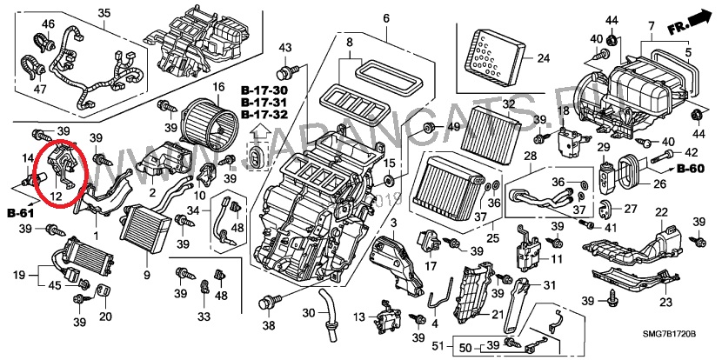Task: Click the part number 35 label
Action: [x=104, y=12]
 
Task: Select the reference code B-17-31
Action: [x=264, y=103]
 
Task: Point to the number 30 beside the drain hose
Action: [x=309, y=313]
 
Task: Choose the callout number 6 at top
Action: [x=385, y=19]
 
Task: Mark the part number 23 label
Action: [x=665, y=303]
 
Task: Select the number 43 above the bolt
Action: [x=284, y=46]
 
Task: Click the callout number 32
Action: [x=509, y=104]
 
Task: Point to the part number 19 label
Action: [x=18, y=276]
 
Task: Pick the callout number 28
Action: [x=528, y=155]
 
